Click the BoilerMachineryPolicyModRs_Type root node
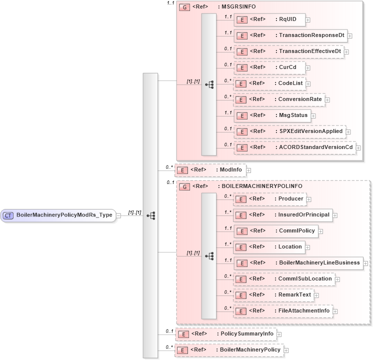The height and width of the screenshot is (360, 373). (58, 215)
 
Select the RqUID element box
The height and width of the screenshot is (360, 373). (269, 20)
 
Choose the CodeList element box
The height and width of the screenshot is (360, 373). (269, 83)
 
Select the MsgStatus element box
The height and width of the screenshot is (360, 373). (272, 115)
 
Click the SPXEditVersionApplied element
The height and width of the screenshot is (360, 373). (289, 131)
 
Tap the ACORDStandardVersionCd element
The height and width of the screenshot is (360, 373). (294, 147)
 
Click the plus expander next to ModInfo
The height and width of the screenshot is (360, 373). (248, 170)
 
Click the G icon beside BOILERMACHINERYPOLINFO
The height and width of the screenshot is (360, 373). (184, 186)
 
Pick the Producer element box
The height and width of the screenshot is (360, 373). (270, 199)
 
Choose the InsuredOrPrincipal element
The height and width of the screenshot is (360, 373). (283, 215)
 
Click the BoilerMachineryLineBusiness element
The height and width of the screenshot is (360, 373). (298, 263)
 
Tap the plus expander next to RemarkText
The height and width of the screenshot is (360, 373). (316, 295)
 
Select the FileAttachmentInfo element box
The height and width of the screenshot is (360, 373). (283, 311)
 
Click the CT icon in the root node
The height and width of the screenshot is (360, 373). (8, 215)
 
